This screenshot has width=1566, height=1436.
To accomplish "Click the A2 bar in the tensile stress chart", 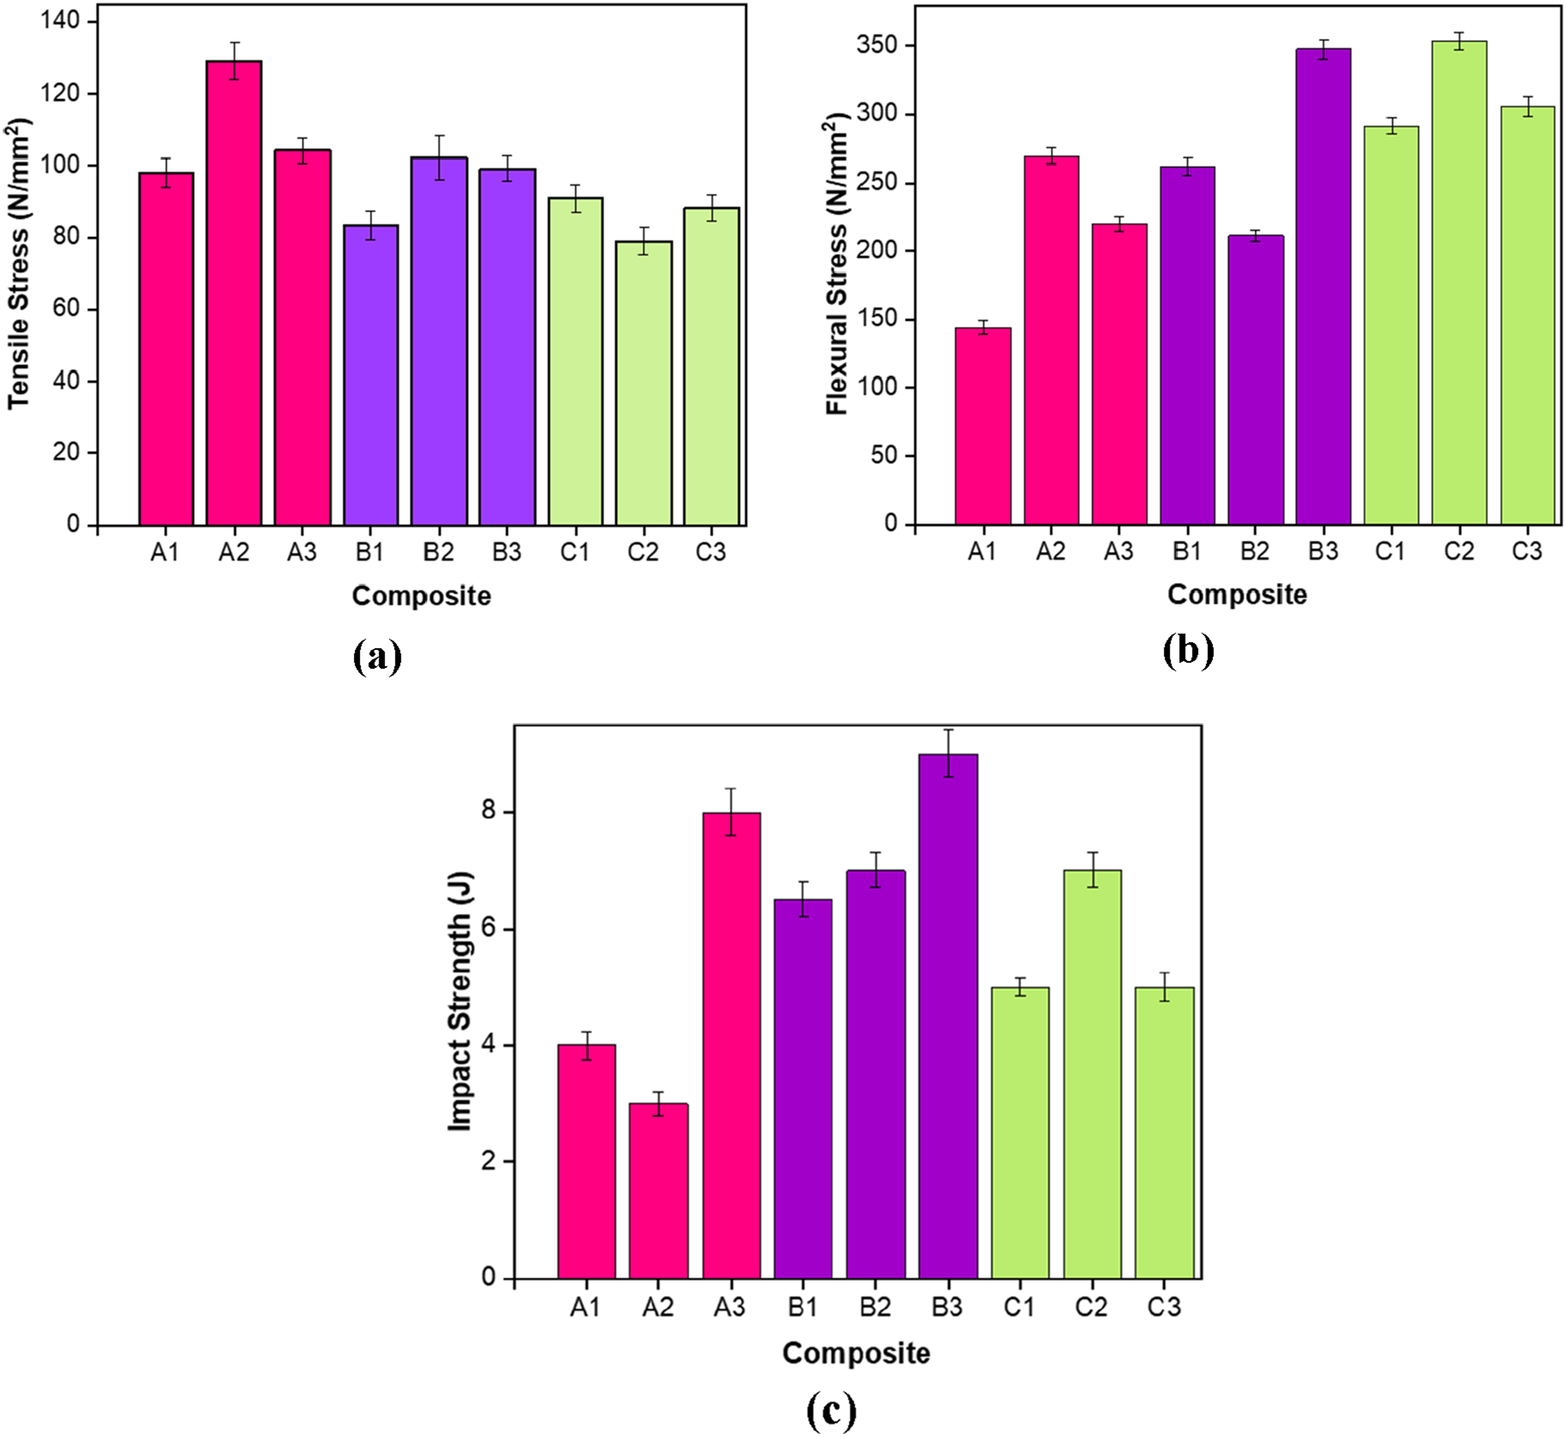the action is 234,293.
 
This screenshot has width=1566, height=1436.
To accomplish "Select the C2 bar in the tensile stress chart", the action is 644,383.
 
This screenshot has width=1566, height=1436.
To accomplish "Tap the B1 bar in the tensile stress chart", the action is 371,375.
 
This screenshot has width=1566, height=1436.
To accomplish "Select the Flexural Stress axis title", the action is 838,265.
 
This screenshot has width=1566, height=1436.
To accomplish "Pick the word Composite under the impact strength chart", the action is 856,1353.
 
